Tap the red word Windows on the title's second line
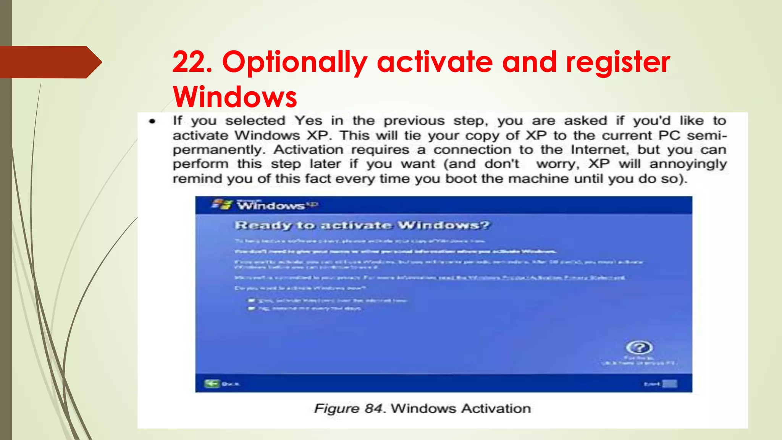coord(235,97)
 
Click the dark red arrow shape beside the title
coord(50,62)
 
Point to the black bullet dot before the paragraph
coord(152,122)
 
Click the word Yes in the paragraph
coord(308,121)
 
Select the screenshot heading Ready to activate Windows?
coord(362,225)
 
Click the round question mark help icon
coord(639,348)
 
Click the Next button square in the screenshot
coord(669,383)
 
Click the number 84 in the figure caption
coord(373,409)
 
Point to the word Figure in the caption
coord(336,409)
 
